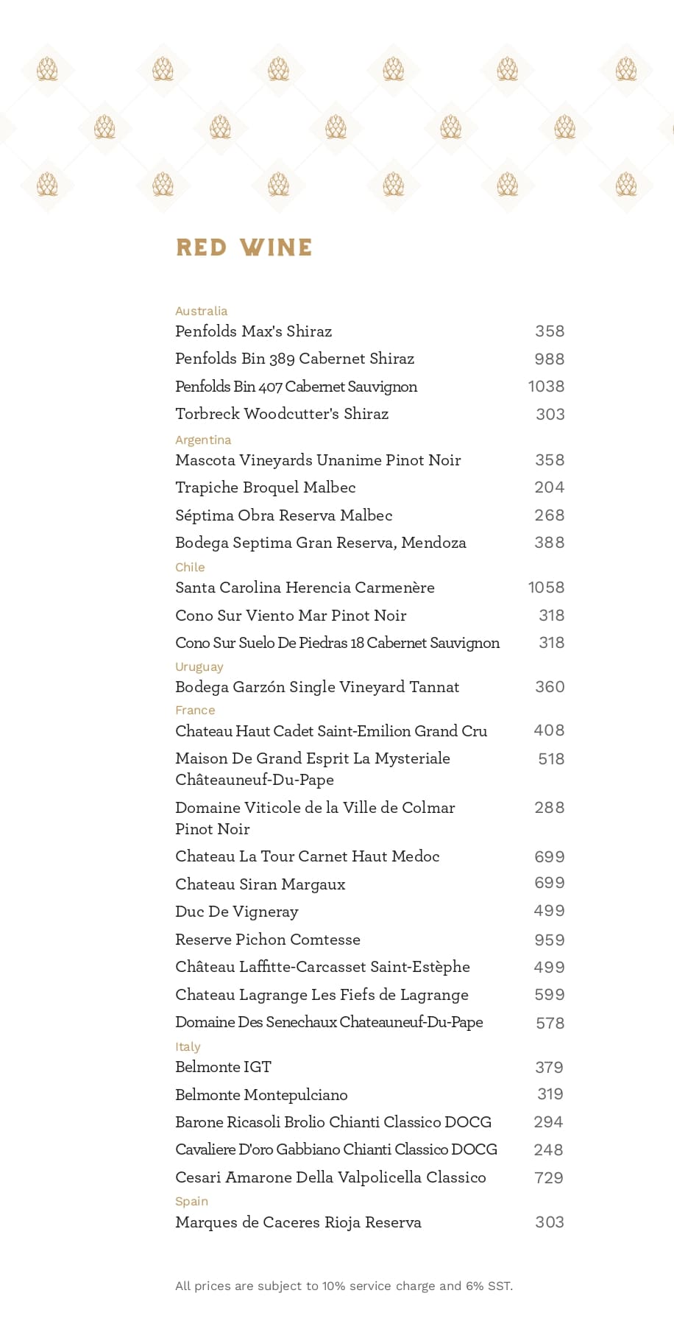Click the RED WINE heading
coord(244,247)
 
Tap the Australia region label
coord(201,311)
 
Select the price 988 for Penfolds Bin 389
coord(549,359)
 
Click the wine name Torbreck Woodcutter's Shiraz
coord(282,414)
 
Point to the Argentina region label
coord(203,440)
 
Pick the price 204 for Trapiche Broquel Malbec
coord(549,487)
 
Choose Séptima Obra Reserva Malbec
coord(283,515)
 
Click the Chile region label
coord(190,567)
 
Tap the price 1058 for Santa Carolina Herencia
coord(546,588)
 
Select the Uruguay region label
coord(199,666)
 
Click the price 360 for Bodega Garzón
coord(550,687)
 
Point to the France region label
coord(195,710)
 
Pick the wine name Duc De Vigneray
coord(236,912)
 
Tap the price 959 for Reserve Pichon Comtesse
coord(550,940)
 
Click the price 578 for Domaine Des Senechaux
coord(550,1023)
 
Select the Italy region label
coord(188,1046)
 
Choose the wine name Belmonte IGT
coord(223,1067)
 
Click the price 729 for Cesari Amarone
coord(549,1177)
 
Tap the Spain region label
coord(191,1201)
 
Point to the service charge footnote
coord(344,1286)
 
